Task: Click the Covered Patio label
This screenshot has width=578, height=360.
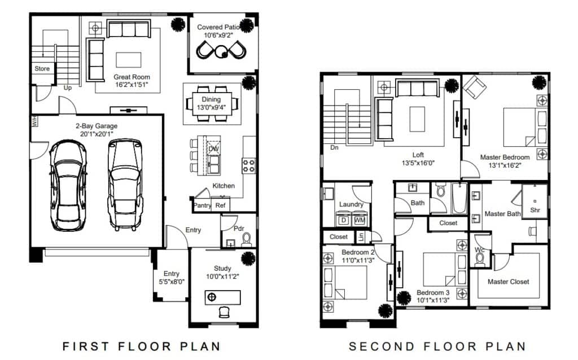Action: tap(218, 27)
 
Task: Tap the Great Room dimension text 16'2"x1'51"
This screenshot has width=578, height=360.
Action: tap(132, 85)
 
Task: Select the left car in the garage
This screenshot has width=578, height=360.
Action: tap(68, 185)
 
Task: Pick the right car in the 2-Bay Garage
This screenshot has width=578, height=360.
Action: tap(125, 185)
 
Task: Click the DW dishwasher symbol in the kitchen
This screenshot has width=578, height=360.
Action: tap(214, 148)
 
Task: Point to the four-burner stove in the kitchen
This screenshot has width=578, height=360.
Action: tap(248, 165)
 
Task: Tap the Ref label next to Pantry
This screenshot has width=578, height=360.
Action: tap(221, 205)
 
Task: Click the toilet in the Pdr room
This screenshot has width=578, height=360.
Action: tap(247, 240)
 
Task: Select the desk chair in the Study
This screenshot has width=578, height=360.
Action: tap(224, 312)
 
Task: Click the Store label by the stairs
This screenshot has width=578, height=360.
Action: tap(42, 68)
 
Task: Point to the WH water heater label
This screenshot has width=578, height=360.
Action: tap(34, 121)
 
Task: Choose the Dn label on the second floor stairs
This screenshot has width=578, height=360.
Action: tap(334, 147)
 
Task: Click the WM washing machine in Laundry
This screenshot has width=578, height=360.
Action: tap(360, 220)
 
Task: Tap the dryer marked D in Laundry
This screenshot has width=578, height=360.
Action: tap(344, 220)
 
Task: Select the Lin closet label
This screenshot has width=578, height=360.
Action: tap(361, 236)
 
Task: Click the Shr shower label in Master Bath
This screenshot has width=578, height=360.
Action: tap(535, 210)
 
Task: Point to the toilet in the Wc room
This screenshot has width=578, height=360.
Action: tap(480, 260)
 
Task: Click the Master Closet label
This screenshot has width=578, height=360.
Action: tap(509, 282)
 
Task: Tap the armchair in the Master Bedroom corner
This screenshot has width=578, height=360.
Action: tap(475, 87)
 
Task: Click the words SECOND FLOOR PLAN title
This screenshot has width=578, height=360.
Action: tap(437, 346)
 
